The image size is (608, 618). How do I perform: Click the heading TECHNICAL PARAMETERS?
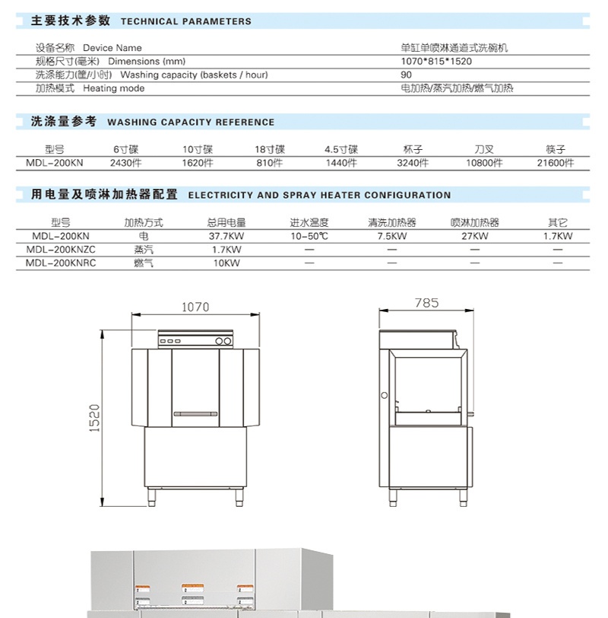click(x=185, y=21)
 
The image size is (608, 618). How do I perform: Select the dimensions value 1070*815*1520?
click(x=435, y=62)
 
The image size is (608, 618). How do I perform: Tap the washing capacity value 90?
click(x=407, y=75)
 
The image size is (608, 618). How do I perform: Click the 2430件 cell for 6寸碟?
click(x=126, y=163)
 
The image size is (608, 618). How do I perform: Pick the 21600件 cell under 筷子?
click(x=556, y=163)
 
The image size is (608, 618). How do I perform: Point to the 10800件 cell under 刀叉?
click(x=484, y=163)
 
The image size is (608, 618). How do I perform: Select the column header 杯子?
click(x=413, y=150)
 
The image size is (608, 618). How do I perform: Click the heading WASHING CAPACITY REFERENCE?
click(x=191, y=122)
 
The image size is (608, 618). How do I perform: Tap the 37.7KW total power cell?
click(x=226, y=237)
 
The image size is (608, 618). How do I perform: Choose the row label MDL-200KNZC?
click(x=61, y=250)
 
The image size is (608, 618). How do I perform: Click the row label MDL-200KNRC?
click(x=61, y=263)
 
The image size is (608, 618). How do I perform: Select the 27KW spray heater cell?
click(x=474, y=237)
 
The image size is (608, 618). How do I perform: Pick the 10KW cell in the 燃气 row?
click(x=226, y=263)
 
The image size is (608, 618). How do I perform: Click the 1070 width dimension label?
click(x=195, y=307)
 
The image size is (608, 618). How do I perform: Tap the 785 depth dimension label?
click(x=426, y=303)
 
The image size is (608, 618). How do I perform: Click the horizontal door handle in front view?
click(x=195, y=414)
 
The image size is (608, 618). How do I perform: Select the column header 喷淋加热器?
click(x=474, y=224)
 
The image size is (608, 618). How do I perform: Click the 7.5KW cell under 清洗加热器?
click(x=391, y=237)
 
